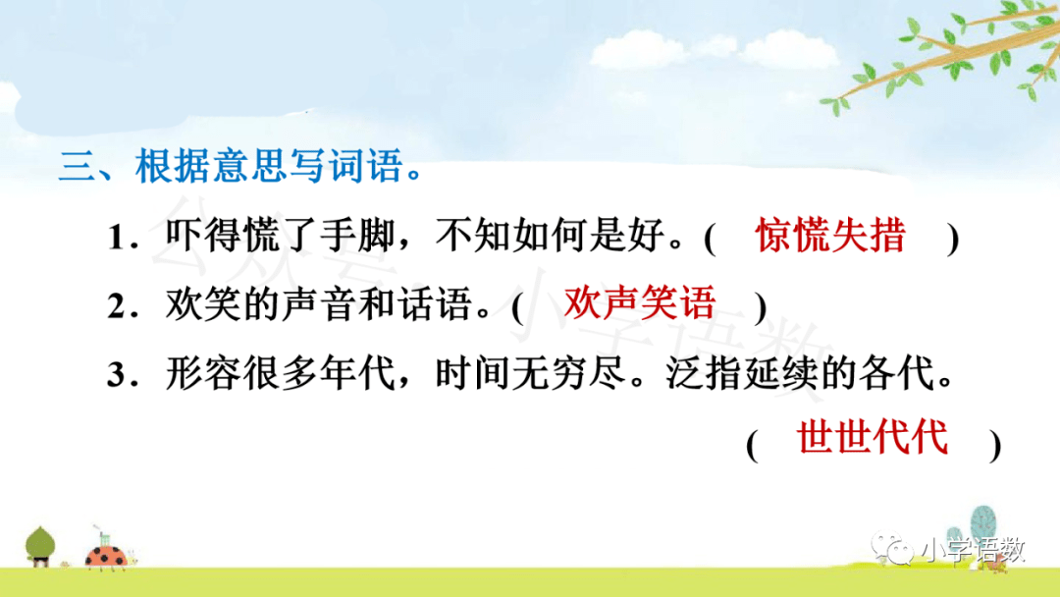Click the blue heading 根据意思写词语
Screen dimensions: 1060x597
(x=271, y=166)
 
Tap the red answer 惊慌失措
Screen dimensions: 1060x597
(x=831, y=236)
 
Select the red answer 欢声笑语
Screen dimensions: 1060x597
(x=640, y=302)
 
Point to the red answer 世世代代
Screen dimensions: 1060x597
(x=873, y=437)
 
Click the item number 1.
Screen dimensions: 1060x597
(x=117, y=239)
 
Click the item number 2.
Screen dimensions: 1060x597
(x=117, y=306)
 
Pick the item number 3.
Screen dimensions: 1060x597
(x=117, y=374)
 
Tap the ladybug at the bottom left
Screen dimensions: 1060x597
(x=107, y=555)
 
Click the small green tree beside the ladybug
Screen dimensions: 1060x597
(x=40, y=546)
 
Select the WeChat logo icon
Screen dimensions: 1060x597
(x=892, y=549)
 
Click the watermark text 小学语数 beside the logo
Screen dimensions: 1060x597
(x=973, y=550)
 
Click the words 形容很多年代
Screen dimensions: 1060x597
(x=280, y=372)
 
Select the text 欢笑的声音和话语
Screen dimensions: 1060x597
(x=318, y=304)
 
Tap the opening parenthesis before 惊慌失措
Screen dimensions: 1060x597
(x=710, y=238)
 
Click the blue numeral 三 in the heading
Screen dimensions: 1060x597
(x=78, y=166)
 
